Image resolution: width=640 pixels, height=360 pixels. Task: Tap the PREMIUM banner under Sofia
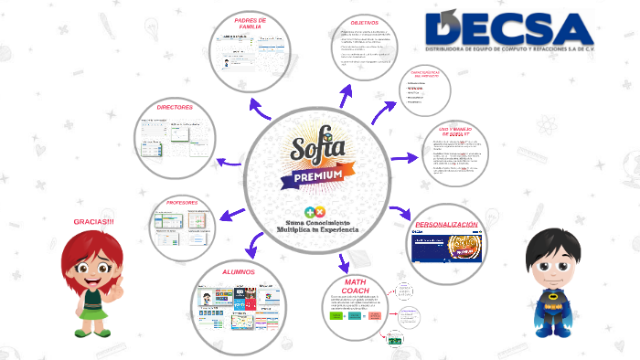point(317,174)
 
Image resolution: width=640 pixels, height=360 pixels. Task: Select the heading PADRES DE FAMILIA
point(250,23)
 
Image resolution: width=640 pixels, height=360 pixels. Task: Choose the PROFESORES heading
point(188,202)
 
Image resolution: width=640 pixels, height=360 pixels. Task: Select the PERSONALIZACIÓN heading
point(446,225)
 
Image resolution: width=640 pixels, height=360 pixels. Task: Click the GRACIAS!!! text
point(93,222)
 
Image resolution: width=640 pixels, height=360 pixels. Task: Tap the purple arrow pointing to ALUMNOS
point(255,246)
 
